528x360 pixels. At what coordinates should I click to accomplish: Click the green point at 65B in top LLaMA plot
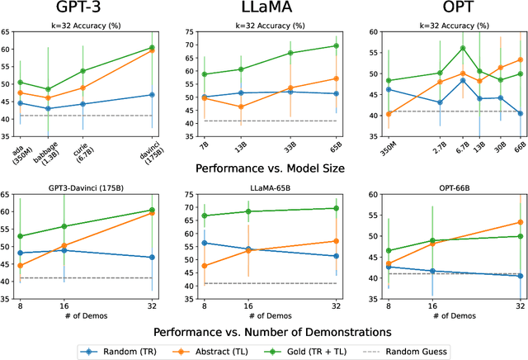(x=336, y=45)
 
